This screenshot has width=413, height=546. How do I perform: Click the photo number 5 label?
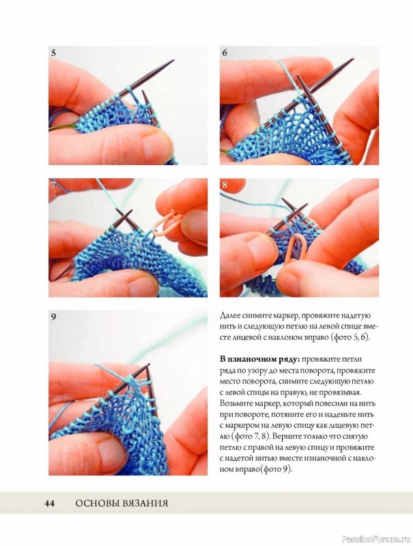53,53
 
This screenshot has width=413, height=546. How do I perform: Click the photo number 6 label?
225,53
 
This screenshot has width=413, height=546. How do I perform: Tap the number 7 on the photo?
53,184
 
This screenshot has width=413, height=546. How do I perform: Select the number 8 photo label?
225,184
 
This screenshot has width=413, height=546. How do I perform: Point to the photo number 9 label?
53,317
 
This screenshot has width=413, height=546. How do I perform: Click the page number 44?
49,504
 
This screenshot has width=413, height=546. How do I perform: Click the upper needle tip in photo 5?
173,61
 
